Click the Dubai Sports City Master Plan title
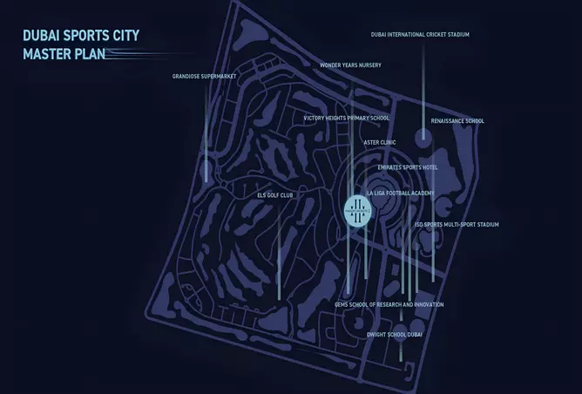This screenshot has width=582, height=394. click(81, 44)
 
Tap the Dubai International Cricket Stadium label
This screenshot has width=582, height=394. click(420, 35)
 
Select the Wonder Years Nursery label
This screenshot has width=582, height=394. click(349, 65)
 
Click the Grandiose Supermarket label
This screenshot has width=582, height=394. click(204, 77)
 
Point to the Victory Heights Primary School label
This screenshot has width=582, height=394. click(346, 118)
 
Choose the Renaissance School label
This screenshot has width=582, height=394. click(457, 121)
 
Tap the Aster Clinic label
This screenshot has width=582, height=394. click(379, 142)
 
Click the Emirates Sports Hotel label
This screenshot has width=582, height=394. click(407, 166)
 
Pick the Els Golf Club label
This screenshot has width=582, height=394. click(274, 195)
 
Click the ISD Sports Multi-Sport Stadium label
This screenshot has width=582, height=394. click(457, 225)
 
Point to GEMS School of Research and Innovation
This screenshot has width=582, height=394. click(389, 305)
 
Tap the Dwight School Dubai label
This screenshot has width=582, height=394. click(396, 334)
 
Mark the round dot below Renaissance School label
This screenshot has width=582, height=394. click(423, 136)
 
